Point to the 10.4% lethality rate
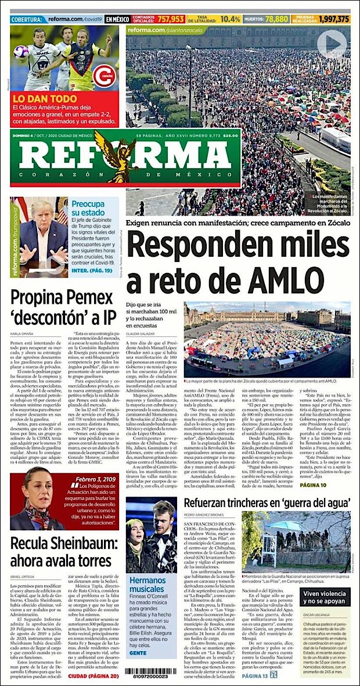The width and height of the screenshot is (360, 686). coord(231,19)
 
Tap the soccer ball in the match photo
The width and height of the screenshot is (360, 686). coord(22,51)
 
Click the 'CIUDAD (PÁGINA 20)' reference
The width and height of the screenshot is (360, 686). coord(94,676)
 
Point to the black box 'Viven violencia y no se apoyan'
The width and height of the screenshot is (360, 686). coord(325,597)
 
